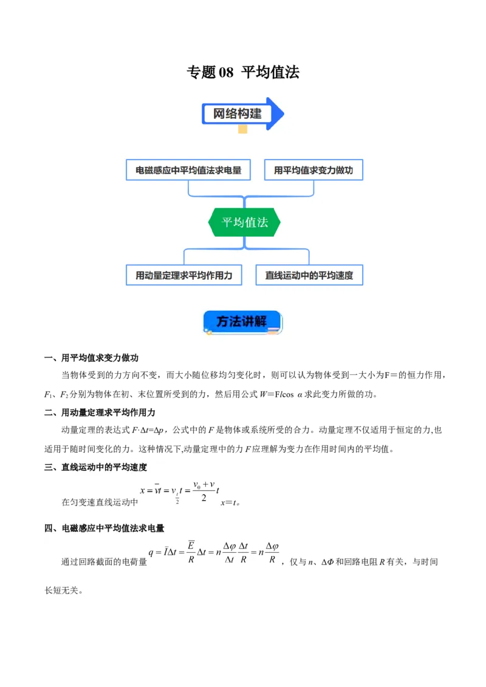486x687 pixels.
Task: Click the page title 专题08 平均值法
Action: tap(243, 72)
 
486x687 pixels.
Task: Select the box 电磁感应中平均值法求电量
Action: tap(188, 171)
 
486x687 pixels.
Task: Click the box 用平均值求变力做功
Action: tap(313, 171)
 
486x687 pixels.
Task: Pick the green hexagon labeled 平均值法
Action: tap(244, 222)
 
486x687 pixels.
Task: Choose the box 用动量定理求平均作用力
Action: tap(183, 275)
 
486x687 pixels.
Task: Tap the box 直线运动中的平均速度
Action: tap(309, 275)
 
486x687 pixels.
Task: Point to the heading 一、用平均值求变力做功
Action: tap(92, 358)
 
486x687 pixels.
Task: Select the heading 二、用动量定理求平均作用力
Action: tap(100, 413)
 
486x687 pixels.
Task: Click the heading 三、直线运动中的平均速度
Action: tap(96, 467)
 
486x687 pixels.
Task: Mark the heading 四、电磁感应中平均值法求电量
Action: tap(104, 529)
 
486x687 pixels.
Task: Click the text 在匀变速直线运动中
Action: tap(100, 503)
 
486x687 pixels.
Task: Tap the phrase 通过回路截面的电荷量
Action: tap(104, 562)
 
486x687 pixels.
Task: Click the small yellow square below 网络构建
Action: tap(243, 129)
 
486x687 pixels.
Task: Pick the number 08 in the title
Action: tap(225, 72)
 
